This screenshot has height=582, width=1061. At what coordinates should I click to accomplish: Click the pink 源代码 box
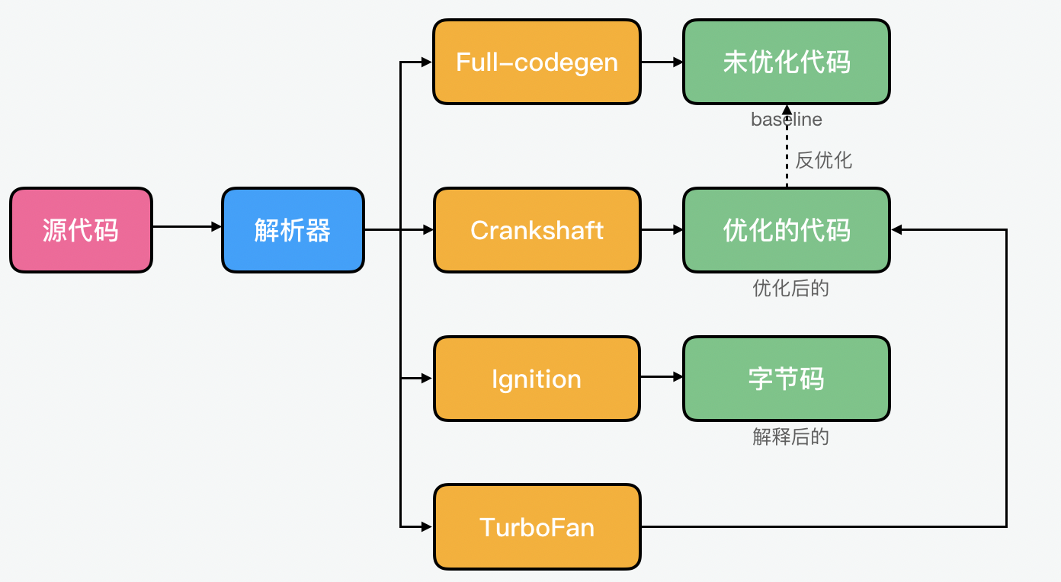click(x=81, y=230)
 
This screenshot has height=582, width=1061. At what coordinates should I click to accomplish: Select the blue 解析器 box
click(x=293, y=230)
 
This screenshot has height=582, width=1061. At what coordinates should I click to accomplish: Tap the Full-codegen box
click(x=537, y=62)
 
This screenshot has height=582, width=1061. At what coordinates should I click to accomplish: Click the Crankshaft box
click(x=537, y=230)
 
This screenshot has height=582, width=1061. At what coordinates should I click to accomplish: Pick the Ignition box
click(x=537, y=379)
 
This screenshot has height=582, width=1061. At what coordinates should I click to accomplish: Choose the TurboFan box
click(x=537, y=526)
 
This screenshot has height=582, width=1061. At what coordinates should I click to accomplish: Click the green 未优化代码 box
click(x=786, y=62)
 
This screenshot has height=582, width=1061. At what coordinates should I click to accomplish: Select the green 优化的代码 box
click(x=786, y=230)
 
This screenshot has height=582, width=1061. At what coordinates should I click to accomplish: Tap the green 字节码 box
click(x=786, y=379)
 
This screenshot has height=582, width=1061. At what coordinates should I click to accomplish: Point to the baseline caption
click(x=786, y=120)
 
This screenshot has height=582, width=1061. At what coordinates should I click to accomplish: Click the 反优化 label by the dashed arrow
click(x=823, y=160)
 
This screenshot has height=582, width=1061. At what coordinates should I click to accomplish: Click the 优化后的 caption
click(x=790, y=289)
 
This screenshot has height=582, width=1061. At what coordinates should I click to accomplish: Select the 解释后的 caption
click(x=790, y=437)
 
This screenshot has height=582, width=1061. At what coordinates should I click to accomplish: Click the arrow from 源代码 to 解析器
click(x=187, y=226)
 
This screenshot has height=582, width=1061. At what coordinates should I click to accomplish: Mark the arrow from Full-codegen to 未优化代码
click(x=662, y=62)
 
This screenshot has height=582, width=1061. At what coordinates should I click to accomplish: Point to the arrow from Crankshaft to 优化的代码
click(x=662, y=230)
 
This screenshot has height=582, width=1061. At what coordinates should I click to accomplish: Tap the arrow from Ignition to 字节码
click(x=662, y=376)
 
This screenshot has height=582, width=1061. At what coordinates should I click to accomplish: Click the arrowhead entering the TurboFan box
click(x=428, y=526)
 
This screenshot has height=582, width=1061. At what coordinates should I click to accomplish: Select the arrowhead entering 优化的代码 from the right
click(x=897, y=229)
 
